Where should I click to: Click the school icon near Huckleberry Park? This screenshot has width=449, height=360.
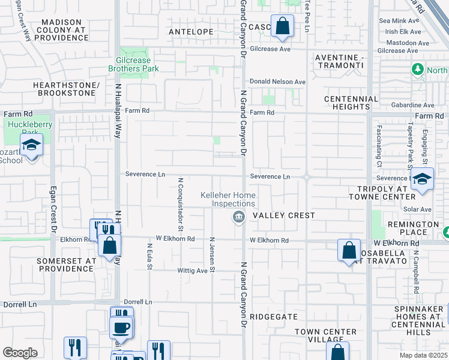coord(31,146)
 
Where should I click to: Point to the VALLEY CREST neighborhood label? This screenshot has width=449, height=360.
coord(284,215)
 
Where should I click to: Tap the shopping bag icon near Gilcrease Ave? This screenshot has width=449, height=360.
coord(282,26)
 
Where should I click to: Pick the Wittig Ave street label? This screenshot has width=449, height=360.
coord(193,271)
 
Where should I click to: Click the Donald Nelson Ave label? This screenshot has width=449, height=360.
coord(278,82)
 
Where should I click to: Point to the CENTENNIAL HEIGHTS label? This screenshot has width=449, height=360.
coord(351,103)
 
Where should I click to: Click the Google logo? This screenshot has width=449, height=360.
coord(20,353)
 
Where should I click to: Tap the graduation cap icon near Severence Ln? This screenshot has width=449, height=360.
coord(423,179)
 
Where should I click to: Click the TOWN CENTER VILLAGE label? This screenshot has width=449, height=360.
coord(327,336)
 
